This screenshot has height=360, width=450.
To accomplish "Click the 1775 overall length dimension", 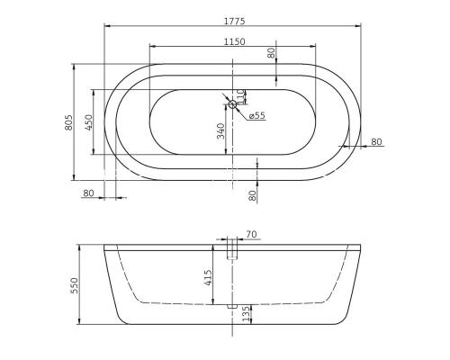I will coord(233,20).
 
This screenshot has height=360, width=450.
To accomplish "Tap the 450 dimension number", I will coord(89,122).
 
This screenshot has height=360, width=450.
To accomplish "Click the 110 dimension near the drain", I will coord(240,94).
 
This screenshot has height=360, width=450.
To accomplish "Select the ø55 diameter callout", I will coord(255,115).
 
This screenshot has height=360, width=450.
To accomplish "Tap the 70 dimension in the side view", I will coord(251,235).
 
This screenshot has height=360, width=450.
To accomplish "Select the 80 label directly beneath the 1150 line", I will coord(271,53).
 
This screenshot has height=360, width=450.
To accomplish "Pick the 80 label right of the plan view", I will coord(376,141).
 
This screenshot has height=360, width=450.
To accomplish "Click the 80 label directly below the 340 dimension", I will coord(252,193).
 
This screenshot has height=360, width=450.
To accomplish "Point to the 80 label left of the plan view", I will coord(88,193).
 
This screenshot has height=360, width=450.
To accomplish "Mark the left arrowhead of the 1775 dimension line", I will coord(107,26).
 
